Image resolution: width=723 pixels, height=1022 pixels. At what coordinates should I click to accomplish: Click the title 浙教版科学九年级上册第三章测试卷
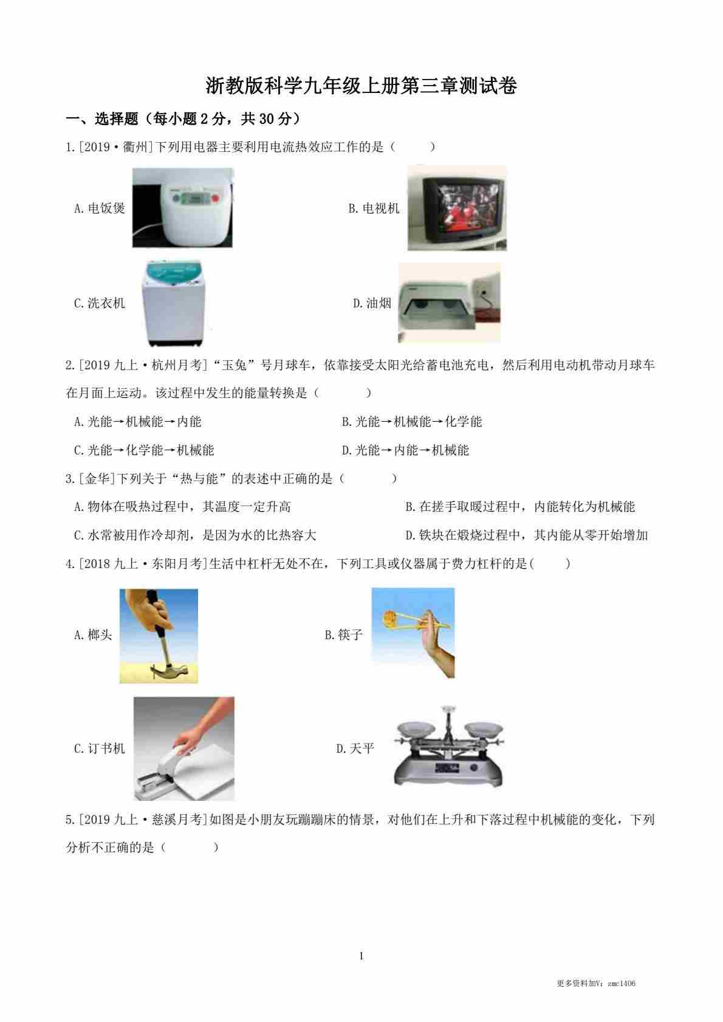pos(361,86)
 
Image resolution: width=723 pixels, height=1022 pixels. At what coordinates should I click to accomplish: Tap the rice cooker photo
pos(182,208)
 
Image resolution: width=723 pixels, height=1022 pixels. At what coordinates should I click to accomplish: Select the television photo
pos(457,208)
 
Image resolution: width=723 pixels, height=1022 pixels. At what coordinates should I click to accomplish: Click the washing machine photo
pos(174,303)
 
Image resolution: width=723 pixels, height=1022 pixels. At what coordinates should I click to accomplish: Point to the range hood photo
pos(450,303)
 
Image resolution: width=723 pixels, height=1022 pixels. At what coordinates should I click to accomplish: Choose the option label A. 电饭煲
pos(100,208)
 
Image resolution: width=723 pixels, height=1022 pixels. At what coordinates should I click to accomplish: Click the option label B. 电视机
pos(374,208)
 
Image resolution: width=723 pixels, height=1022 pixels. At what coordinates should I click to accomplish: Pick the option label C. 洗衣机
pos(100,303)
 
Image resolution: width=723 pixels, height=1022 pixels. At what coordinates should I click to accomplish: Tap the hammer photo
pos(159,636)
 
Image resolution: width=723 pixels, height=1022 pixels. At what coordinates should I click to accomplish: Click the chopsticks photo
pos(413,633)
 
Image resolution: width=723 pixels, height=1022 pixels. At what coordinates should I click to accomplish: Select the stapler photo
pos(184,748)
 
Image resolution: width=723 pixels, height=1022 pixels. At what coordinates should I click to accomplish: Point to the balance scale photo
pos(449,747)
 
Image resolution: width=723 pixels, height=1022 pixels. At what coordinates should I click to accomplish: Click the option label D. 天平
pos(355,749)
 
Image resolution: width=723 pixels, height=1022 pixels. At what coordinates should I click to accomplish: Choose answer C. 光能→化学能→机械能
pos(144,450)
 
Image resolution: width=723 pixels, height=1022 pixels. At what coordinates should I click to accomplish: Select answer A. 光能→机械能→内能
pos(138,422)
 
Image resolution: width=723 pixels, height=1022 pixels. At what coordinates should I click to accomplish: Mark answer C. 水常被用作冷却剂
pos(195,535)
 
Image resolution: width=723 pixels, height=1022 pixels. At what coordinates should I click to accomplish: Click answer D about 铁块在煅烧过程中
pos(527,535)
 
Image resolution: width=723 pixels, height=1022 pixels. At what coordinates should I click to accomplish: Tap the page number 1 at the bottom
pos(361,956)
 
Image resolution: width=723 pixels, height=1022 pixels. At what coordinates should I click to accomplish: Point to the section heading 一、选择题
pos(102,119)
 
